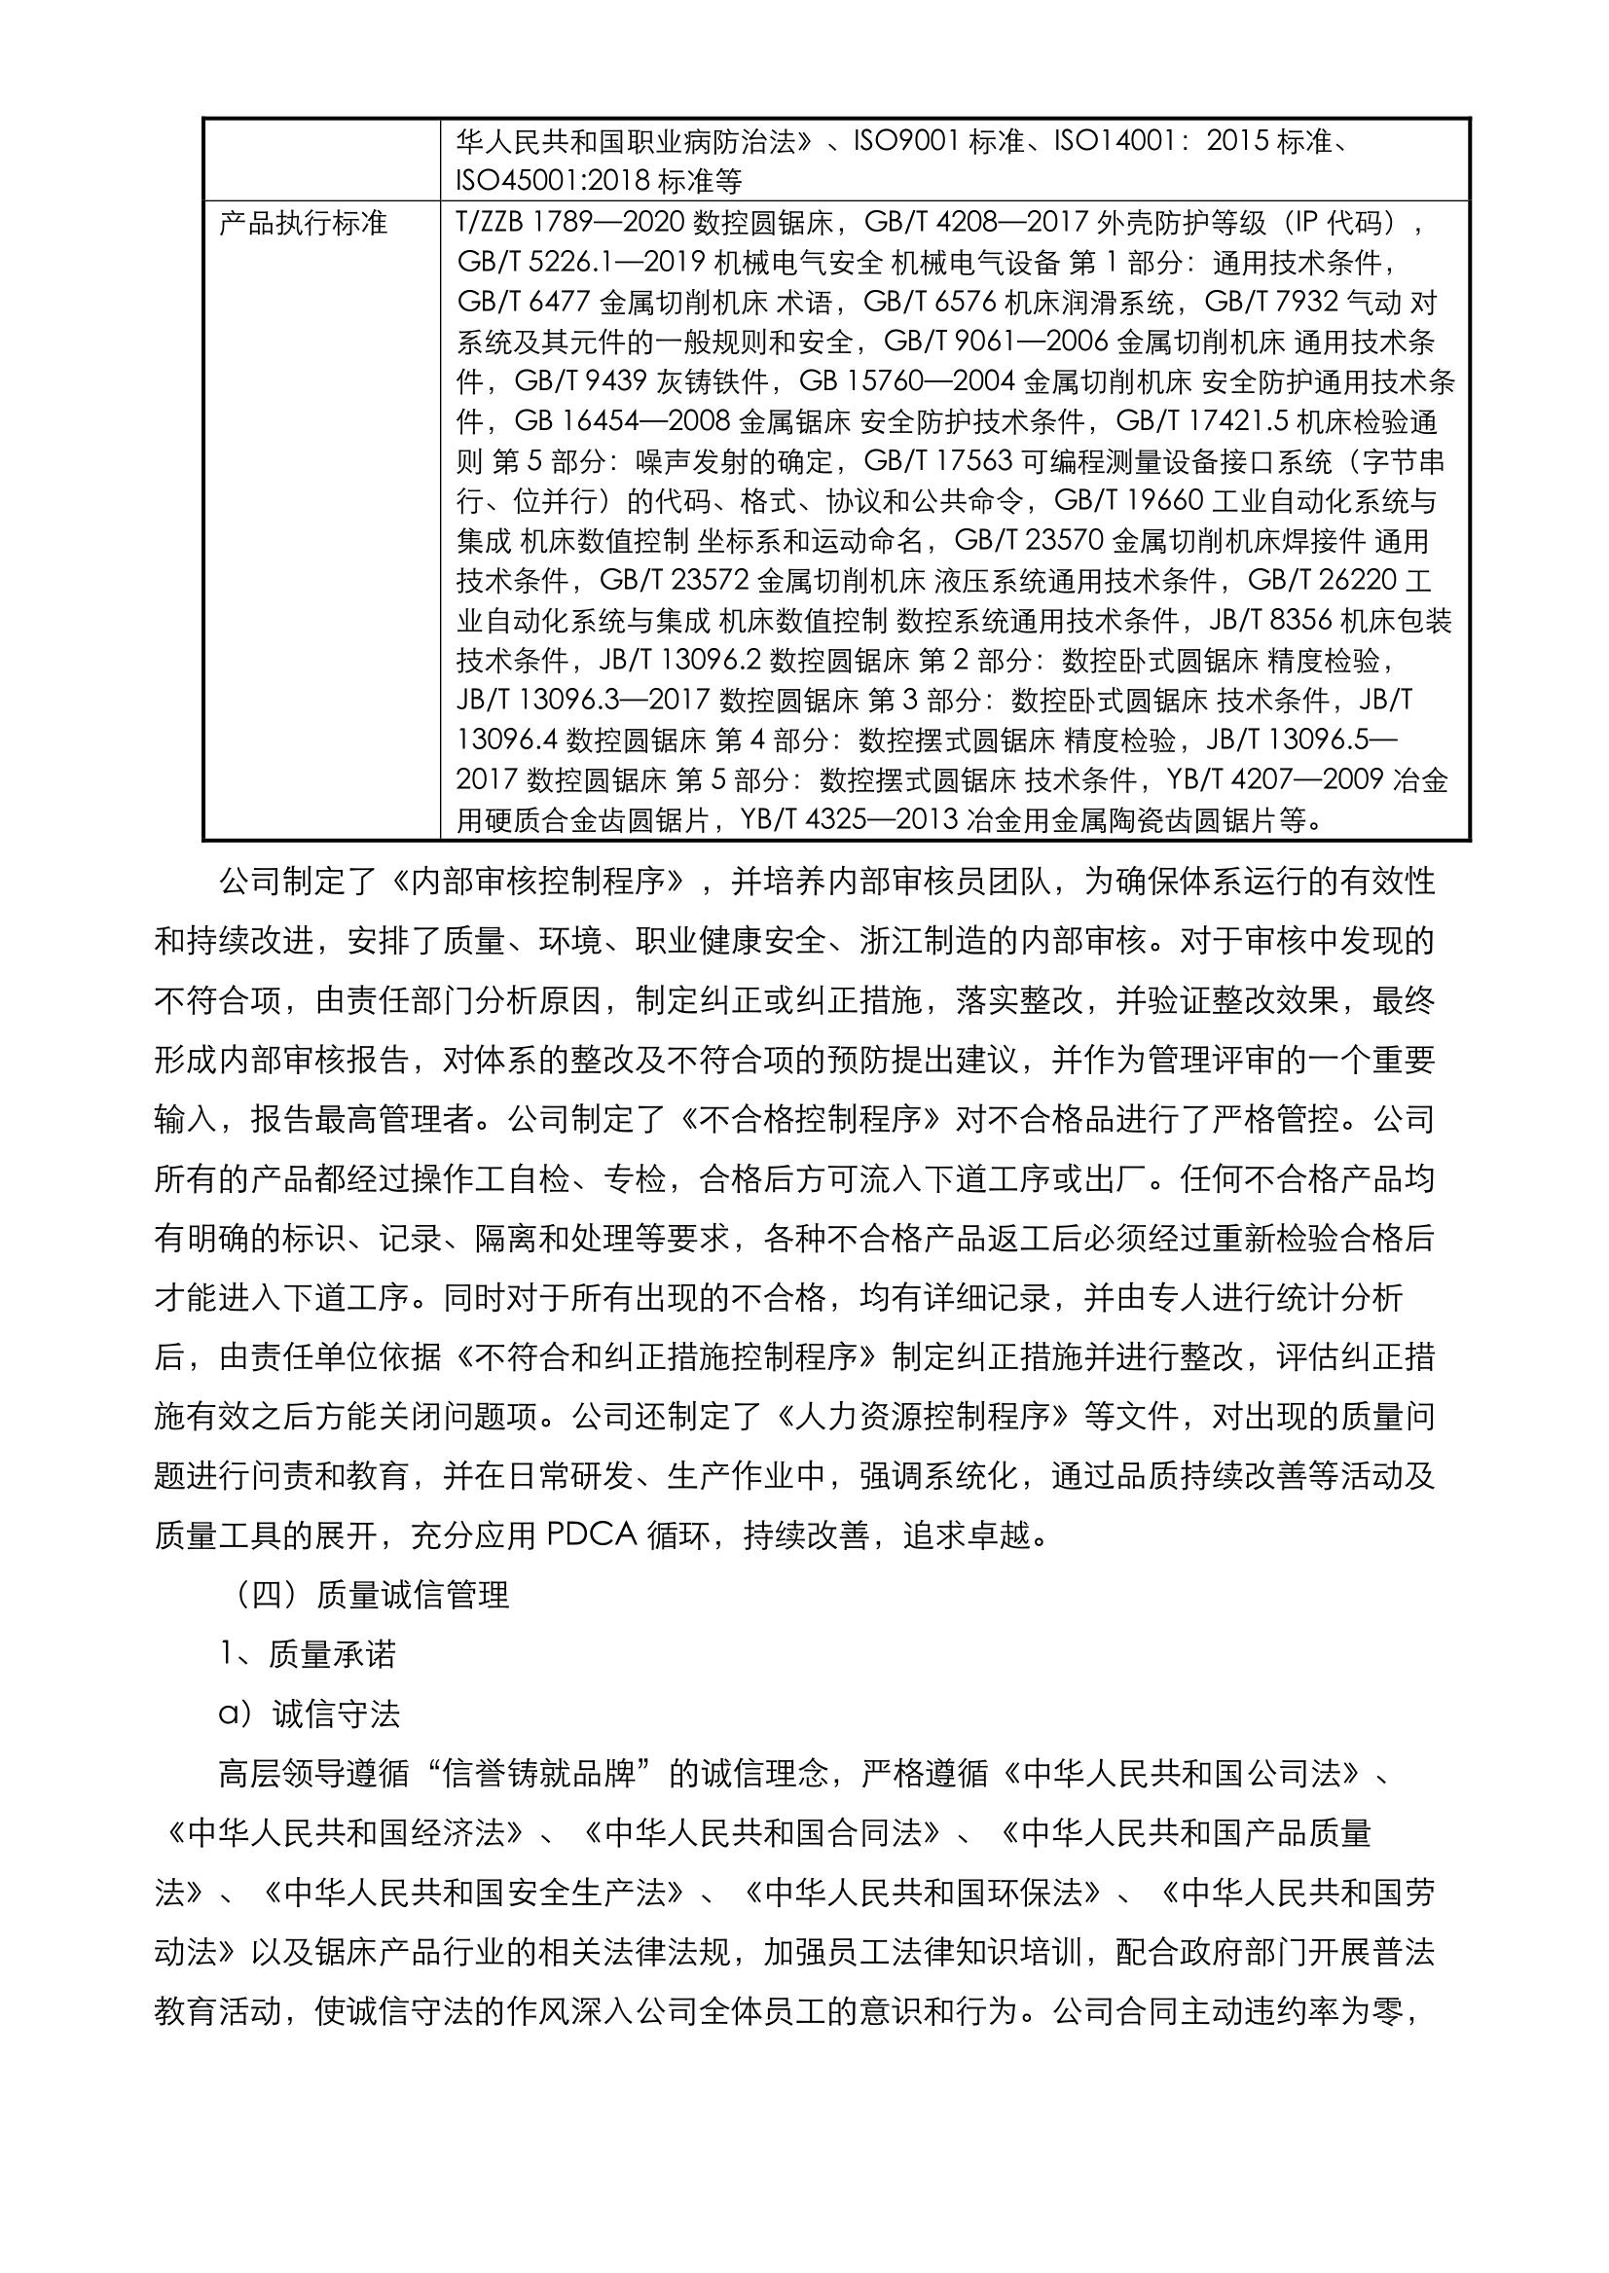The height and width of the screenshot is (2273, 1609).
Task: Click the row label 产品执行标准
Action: pos(302,224)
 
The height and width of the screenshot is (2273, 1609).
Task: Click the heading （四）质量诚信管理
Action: pos(367,1596)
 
